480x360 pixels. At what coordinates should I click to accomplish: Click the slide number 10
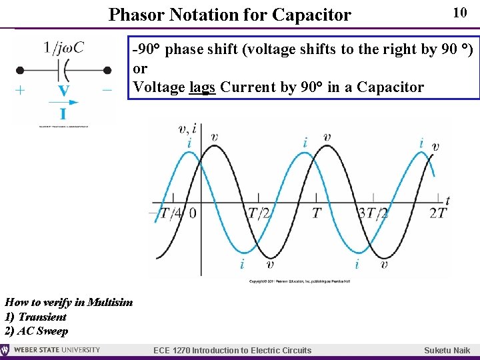[459, 13]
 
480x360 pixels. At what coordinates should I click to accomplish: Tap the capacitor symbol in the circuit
[63, 69]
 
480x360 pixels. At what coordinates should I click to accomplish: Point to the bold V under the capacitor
[63, 90]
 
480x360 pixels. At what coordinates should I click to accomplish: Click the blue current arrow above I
[63, 103]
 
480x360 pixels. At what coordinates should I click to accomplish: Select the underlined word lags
[203, 87]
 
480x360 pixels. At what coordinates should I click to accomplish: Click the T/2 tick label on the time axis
[259, 213]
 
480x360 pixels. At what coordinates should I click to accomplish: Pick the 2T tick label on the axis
[438, 213]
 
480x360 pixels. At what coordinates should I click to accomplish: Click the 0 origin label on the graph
[193, 213]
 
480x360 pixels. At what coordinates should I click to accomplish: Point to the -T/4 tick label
[165, 213]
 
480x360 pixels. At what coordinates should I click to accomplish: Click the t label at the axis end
[447, 200]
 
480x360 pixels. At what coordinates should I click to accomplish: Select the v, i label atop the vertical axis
[187, 129]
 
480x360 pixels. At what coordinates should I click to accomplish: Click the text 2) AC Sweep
[37, 331]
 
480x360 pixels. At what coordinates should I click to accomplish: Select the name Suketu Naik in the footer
[447, 351]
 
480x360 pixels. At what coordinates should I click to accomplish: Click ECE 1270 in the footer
[172, 351]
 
